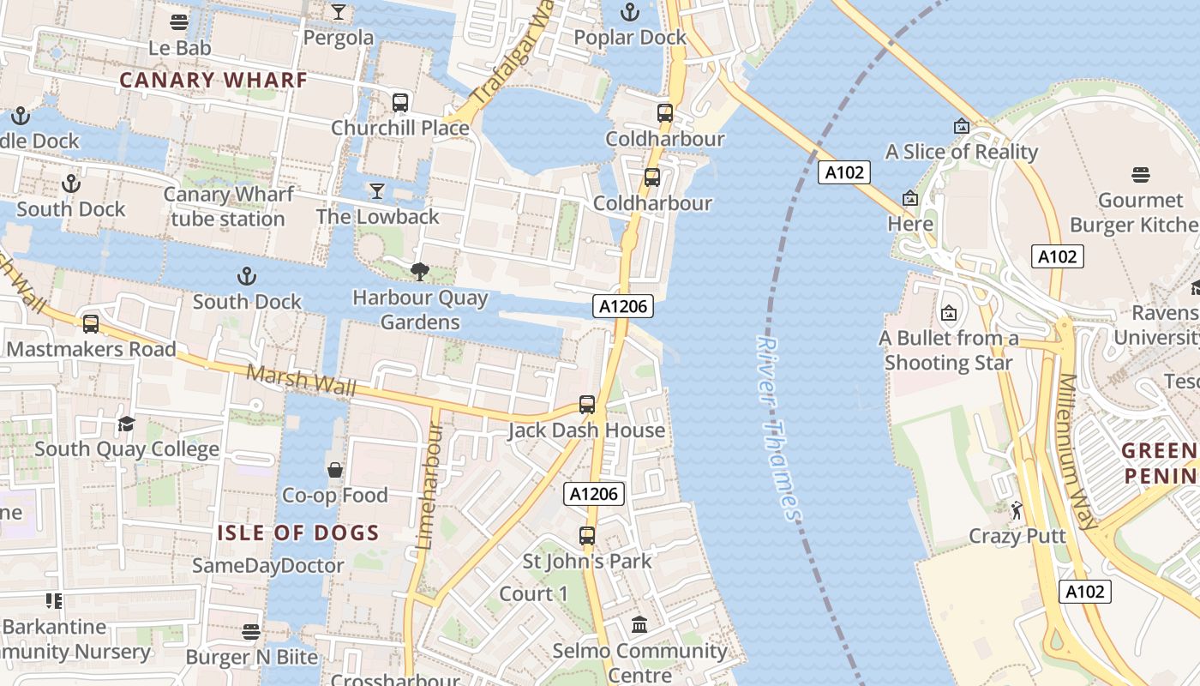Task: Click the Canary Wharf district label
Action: [x=213, y=81]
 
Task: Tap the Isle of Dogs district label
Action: [x=297, y=533]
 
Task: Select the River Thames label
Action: [x=778, y=427]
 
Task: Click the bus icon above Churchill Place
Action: [x=400, y=103]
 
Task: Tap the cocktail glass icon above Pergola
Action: [x=339, y=12]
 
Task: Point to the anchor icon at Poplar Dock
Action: [x=630, y=12]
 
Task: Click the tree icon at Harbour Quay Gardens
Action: [x=420, y=273]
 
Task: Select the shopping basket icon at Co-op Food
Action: [x=335, y=470]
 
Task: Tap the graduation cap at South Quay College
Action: [x=127, y=424]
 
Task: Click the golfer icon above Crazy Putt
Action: [x=1017, y=511]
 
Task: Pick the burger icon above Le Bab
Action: [x=179, y=22]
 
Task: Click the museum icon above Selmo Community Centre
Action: [x=639, y=625]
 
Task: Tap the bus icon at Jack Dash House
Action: [x=587, y=405]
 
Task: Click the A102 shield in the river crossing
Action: [x=843, y=172]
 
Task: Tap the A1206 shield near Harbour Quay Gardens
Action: [x=622, y=306]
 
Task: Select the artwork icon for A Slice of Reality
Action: [x=962, y=126]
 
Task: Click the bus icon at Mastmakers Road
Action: [x=91, y=324]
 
